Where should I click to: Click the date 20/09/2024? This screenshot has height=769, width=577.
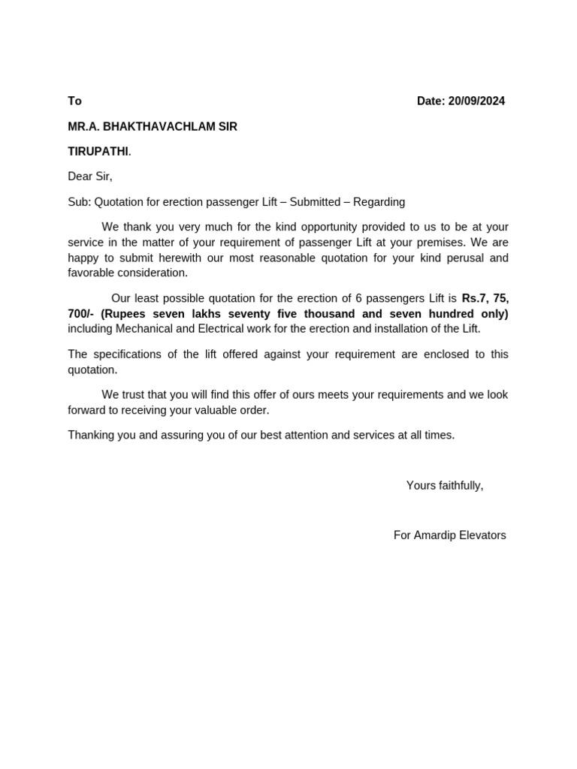[x=476, y=101]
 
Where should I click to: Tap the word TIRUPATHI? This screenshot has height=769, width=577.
[x=98, y=152]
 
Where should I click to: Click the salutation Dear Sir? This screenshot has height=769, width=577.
[x=89, y=177]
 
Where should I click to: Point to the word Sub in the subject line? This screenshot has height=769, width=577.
[x=78, y=202]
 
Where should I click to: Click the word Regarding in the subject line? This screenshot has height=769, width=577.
[x=379, y=202]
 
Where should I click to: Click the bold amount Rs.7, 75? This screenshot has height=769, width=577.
[x=485, y=298]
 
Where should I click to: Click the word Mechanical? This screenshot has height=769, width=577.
[x=144, y=329]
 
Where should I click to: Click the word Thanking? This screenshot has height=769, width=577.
[x=93, y=435]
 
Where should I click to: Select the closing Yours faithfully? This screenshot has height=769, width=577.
[x=445, y=486]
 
